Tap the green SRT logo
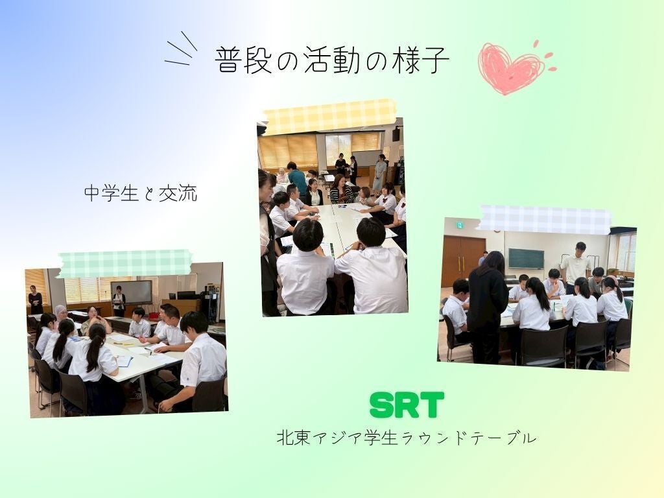tap(407, 405)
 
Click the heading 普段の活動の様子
tap(331, 60)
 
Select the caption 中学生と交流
tap(141, 193)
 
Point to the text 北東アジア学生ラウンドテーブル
tap(407, 438)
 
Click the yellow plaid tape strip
tap(329, 117)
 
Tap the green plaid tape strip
tap(124, 263)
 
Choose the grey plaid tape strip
tap(545, 219)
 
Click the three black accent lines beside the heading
tap(180, 49)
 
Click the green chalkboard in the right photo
tap(526, 258)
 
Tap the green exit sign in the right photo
tap(459, 225)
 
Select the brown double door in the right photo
tap(462, 261)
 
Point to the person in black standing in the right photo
tap(488, 307)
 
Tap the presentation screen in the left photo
tap(132, 292)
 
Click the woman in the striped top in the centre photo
tap(341, 189)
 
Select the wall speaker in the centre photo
tap(396, 134)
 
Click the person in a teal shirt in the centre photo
tap(297, 178)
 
